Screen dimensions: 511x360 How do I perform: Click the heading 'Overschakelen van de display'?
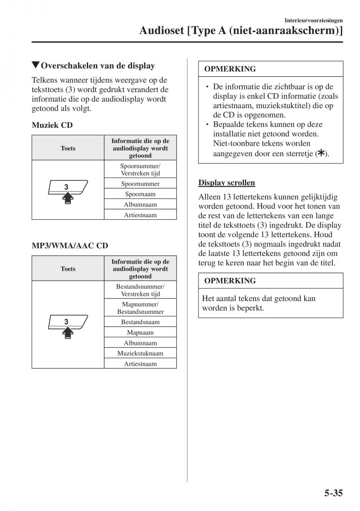coord(94,66)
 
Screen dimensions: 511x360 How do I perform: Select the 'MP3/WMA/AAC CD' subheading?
coord(70,246)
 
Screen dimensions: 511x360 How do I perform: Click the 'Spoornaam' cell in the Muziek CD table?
coord(140,194)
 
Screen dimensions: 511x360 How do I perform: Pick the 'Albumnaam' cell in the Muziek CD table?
coord(140,204)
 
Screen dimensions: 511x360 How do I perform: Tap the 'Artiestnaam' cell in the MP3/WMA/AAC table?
coord(140,364)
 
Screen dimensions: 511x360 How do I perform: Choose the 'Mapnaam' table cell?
coord(140,333)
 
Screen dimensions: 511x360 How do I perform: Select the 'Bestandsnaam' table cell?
coord(140,322)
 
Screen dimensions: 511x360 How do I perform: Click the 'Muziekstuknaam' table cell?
coord(140,353)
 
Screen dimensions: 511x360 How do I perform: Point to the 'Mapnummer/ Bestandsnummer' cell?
coord(140,308)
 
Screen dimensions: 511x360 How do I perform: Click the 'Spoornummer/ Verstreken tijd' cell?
coord(140,169)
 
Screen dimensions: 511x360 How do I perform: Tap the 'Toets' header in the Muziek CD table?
coord(68,148)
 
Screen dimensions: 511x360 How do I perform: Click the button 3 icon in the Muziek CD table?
coord(68,191)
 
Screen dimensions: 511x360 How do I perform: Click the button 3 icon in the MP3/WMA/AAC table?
coord(68,326)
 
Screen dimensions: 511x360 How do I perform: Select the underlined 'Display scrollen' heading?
coord(227,183)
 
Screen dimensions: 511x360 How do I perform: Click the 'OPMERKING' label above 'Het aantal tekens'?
coord(230,281)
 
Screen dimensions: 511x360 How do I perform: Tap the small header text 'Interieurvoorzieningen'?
coord(314,20)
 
